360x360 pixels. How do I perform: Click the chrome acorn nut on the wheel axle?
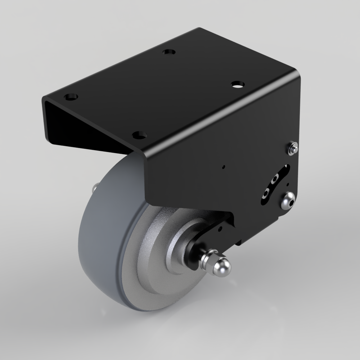point(220,266)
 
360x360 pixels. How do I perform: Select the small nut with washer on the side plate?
point(294,148)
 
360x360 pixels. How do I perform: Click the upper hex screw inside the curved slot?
point(275,178)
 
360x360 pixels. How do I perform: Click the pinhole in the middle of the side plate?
point(224,167)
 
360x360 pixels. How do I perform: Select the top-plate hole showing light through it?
point(237,85)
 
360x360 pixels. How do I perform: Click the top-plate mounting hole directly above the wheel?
point(139,135)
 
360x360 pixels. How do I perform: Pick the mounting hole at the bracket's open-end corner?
point(71,97)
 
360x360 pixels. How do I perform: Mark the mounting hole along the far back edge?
point(168,52)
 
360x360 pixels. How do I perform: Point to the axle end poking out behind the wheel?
point(95,187)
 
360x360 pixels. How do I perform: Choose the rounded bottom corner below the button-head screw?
point(281,218)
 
